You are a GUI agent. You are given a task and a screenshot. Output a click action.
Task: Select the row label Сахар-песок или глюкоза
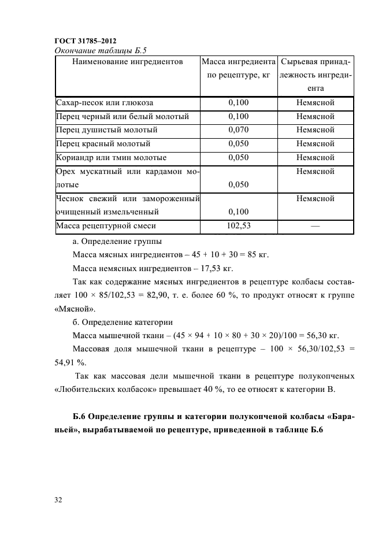pyautogui.click(x=105, y=103)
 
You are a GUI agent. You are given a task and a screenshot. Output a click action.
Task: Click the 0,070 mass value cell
pyautogui.click(x=238, y=130)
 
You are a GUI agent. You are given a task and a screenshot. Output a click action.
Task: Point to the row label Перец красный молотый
pyautogui.click(x=103, y=144)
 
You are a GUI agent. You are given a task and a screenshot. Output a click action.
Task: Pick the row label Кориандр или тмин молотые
pyautogui.click(x=111, y=157)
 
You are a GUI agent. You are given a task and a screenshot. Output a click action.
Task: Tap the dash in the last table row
pyautogui.click(x=315, y=227)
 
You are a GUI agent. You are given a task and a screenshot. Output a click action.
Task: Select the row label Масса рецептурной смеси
pyautogui.click(x=106, y=226)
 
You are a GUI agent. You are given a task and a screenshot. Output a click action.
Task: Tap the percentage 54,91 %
pyautogui.click(x=70, y=362)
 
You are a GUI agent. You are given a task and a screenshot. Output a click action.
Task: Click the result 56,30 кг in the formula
pyautogui.click(x=321, y=335)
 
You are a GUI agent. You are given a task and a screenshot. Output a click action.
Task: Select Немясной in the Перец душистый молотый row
pyautogui.click(x=315, y=130)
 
